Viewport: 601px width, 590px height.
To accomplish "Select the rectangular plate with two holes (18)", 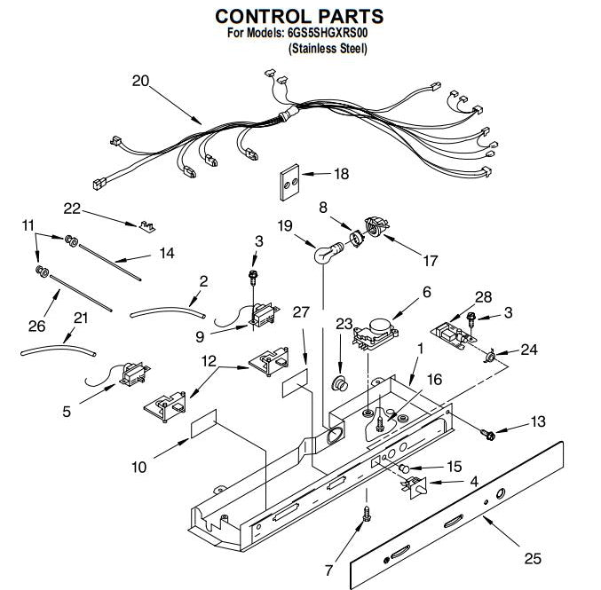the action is click(289, 183).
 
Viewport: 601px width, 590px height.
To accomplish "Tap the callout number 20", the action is click(140, 81).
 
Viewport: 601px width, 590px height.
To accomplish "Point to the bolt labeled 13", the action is click(487, 434).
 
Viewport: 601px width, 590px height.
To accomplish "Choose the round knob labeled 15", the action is click(405, 468).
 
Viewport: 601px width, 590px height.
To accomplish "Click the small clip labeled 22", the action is click(146, 226).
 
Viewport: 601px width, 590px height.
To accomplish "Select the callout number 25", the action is click(533, 558).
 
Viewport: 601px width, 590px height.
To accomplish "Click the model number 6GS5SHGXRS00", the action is click(328, 33).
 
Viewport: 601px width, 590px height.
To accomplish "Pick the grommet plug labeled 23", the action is click(340, 383).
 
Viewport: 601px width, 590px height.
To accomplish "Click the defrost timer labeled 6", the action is click(376, 334).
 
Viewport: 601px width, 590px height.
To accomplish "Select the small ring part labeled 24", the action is click(490, 357).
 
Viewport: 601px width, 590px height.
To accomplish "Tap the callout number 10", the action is click(138, 467).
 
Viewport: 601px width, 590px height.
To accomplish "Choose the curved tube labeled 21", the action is click(59, 350).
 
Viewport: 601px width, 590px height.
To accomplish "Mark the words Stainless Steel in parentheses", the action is click(328, 49).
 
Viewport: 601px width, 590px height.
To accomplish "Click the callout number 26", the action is click(36, 326).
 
